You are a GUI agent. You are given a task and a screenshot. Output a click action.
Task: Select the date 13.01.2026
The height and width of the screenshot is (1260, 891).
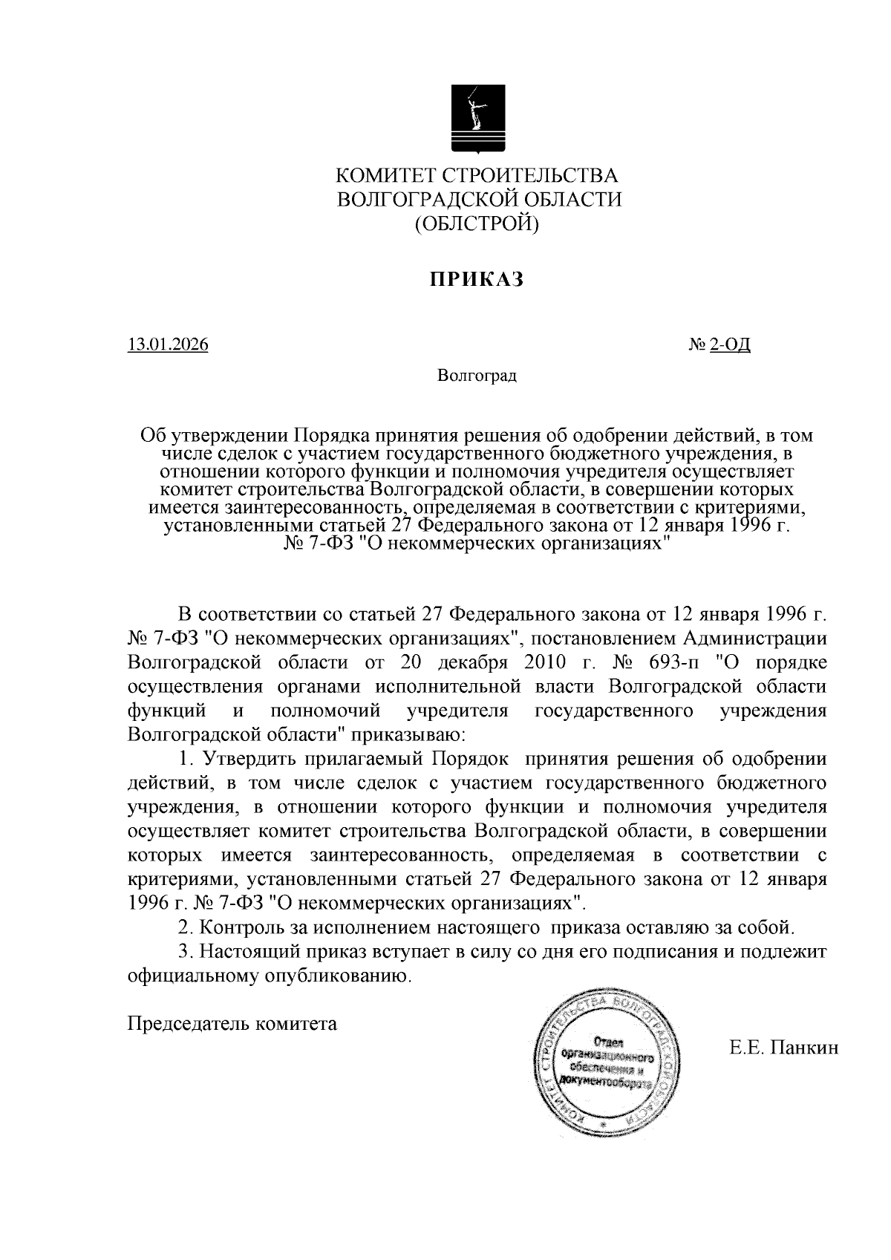[x=168, y=345]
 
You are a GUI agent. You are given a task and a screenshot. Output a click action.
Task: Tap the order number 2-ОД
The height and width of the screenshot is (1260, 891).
[x=730, y=345]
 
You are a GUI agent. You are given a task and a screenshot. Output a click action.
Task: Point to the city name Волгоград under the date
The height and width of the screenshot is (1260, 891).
[x=477, y=376]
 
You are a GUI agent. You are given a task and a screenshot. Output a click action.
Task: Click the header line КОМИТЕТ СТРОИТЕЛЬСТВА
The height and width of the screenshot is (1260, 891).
[x=477, y=176]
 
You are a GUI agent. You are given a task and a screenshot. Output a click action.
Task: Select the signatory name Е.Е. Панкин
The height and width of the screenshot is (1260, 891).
[x=783, y=1048]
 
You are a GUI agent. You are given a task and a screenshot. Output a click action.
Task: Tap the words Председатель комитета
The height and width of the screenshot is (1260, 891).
[x=232, y=1024]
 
